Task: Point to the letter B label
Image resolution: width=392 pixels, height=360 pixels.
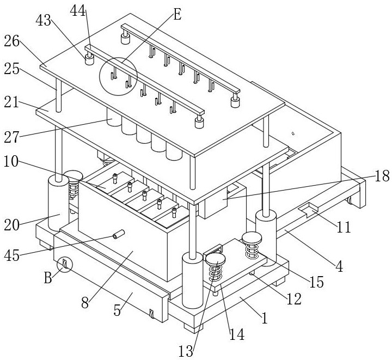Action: tap(48, 278)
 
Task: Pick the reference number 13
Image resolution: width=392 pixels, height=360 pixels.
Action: tap(186, 351)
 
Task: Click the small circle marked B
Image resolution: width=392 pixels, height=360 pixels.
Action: tap(65, 265)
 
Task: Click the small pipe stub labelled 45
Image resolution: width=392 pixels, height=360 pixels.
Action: tap(118, 235)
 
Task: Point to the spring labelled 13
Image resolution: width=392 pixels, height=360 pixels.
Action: tap(216, 270)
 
